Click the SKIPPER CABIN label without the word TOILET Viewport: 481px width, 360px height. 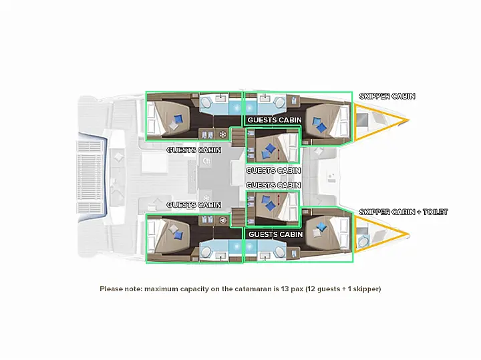click(x=387, y=96)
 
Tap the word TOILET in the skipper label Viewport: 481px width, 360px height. click(x=436, y=212)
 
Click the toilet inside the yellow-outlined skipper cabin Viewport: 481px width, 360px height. click(x=363, y=241)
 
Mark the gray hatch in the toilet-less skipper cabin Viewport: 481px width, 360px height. click(x=362, y=120)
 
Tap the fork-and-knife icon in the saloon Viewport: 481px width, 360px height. click(x=207, y=161)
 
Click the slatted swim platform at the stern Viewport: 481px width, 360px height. click(x=89, y=177)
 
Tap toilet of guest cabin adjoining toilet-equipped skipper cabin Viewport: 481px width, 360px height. click(x=280, y=252)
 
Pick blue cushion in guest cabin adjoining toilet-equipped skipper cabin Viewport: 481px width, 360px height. click(x=321, y=226)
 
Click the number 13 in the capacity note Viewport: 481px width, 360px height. click(x=285, y=289)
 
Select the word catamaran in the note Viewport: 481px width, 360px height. click(x=253, y=289)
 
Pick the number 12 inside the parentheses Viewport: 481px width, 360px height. click(x=311, y=289)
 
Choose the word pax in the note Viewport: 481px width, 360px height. click(x=297, y=289)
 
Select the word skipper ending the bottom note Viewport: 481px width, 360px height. click(x=365, y=289)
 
